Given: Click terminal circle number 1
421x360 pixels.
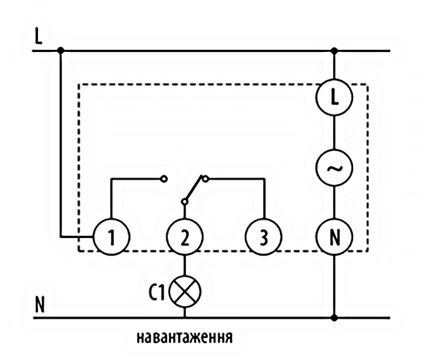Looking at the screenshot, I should point(110,238).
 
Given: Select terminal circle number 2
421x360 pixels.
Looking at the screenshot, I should point(184,238).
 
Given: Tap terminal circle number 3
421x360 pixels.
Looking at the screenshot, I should point(263,238).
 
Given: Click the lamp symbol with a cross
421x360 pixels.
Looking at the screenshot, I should point(185,291).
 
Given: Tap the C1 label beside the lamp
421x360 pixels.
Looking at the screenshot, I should point(158,291).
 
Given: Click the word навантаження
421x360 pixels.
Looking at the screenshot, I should point(184,336).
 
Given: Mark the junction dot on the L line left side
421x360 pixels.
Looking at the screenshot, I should point(60,51).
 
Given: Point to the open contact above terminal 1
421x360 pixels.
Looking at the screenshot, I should point(164,179).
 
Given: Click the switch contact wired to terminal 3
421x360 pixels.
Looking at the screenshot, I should point(204,179).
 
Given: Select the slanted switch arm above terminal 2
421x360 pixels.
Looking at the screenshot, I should point(193,190).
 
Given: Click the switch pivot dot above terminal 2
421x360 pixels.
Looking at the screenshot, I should point(184,202).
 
